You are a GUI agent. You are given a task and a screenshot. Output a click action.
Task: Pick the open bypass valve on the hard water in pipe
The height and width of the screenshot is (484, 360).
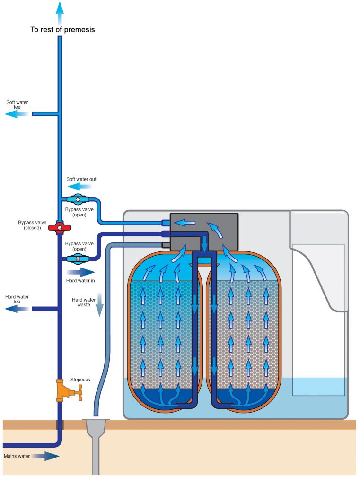point(76,258)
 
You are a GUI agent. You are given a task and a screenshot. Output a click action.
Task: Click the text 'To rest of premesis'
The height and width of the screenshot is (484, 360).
point(63,30)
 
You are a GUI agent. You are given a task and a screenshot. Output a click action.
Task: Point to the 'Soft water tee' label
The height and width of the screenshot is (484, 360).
point(14,104)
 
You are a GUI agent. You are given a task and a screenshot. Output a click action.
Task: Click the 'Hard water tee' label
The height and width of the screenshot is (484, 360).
point(17,299)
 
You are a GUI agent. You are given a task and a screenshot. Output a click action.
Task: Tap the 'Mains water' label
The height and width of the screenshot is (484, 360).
point(17,456)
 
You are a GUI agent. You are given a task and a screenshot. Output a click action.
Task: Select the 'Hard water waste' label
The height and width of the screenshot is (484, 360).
point(84,302)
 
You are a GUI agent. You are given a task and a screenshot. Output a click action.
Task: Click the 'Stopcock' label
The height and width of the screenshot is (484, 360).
point(80,379)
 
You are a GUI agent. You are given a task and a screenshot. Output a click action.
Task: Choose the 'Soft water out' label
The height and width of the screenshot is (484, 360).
point(81,179)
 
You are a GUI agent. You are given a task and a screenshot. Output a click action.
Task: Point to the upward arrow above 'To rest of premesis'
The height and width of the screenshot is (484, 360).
point(59,11)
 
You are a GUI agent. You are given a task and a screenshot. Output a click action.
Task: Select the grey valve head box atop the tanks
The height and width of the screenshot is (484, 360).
point(204,231)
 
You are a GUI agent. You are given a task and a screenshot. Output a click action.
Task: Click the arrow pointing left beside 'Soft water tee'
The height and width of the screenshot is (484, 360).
point(17,114)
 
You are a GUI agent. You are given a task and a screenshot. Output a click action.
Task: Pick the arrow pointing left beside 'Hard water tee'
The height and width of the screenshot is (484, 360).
point(17,309)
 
